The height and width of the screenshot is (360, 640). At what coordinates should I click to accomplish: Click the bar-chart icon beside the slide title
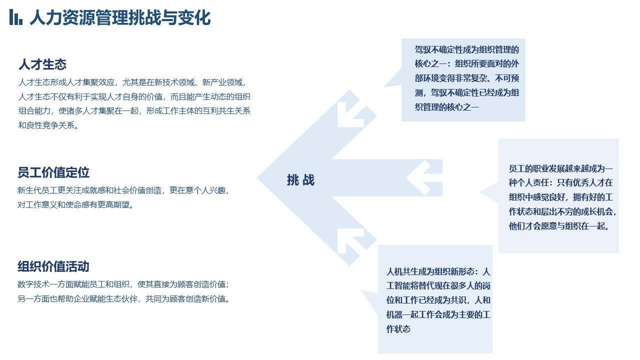click(x=16, y=17)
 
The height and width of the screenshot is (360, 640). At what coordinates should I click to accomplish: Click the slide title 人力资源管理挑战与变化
click(x=120, y=17)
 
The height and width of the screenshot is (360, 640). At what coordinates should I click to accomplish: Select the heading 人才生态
click(x=42, y=64)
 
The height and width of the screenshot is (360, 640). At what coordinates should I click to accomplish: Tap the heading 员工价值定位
click(x=53, y=172)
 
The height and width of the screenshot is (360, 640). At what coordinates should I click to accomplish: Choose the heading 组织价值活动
click(x=53, y=266)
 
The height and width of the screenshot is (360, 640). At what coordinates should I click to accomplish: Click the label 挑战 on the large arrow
click(x=300, y=180)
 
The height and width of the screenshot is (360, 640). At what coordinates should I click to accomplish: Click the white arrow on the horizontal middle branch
click(x=418, y=177)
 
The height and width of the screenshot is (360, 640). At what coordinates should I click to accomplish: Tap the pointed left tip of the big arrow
click(x=257, y=177)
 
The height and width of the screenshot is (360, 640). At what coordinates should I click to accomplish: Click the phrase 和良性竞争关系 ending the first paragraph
click(x=48, y=125)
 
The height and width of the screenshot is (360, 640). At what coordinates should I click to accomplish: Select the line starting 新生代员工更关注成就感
click(x=123, y=190)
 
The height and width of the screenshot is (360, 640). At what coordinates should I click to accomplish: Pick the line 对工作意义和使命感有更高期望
click(x=75, y=205)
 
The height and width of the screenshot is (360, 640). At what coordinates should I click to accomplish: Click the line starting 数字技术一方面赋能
click(x=123, y=284)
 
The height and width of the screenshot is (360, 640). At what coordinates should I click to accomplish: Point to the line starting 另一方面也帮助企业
click(x=123, y=299)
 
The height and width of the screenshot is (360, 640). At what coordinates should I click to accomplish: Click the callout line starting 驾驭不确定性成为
click(x=467, y=49)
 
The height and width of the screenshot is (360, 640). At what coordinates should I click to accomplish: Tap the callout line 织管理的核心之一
click(x=447, y=107)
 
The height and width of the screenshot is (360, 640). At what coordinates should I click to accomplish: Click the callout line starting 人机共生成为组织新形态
click(x=438, y=271)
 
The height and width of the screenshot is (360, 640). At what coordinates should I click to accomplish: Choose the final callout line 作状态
click(x=398, y=329)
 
